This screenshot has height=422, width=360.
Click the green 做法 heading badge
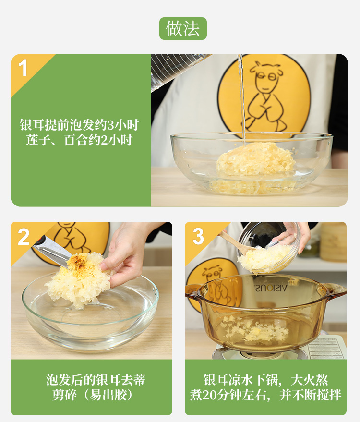click(x=183, y=28)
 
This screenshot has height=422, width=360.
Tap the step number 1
click(x=24, y=68)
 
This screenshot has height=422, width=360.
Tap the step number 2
click(x=24, y=237)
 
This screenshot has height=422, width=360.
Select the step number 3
click(x=198, y=236)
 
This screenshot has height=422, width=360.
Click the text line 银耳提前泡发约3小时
click(x=79, y=125)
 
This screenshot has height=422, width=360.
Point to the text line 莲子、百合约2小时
click(x=79, y=140)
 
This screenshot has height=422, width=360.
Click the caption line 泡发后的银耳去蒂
click(x=96, y=380)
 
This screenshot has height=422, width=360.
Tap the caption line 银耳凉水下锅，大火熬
click(x=265, y=380)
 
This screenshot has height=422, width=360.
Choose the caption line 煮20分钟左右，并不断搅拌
click(x=265, y=395)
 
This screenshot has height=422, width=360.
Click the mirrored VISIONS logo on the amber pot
click(x=271, y=288)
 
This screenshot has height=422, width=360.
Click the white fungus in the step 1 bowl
click(x=256, y=159)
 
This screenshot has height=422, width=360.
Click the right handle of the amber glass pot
click(x=335, y=290)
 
